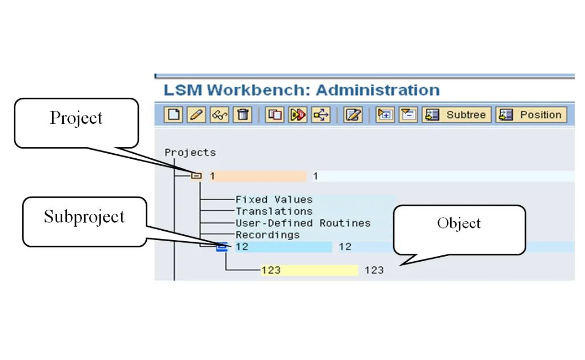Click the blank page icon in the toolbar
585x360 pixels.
(x=174, y=115)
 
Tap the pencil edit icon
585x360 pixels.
(x=196, y=115)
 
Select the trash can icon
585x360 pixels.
(x=243, y=115)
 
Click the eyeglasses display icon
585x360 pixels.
(x=219, y=115)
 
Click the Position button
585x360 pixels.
(x=531, y=115)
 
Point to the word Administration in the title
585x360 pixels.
(x=378, y=90)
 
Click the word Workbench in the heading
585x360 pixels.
(x=259, y=90)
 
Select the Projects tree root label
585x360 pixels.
(x=190, y=153)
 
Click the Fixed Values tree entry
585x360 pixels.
(x=274, y=199)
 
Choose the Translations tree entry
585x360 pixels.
(x=274, y=211)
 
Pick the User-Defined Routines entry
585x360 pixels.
(x=303, y=223)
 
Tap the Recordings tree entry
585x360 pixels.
(x=267, y=235)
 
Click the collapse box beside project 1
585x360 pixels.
(x=197, y=176)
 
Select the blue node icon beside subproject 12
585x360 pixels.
(x=222, y=247)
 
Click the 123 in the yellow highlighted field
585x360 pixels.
(x=271, y=270)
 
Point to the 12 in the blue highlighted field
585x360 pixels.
(x=242, y=247)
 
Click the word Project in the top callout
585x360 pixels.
(x=76, y=118)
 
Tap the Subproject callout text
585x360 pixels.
(x=84, y=217)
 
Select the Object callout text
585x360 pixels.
(x=459, y=223)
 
